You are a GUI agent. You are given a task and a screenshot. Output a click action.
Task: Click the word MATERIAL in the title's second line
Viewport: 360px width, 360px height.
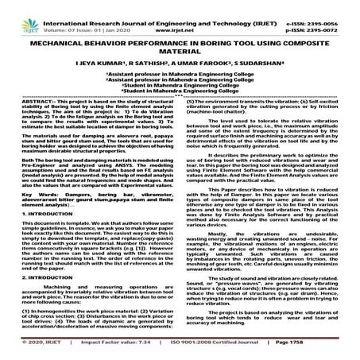coord(180,46)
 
